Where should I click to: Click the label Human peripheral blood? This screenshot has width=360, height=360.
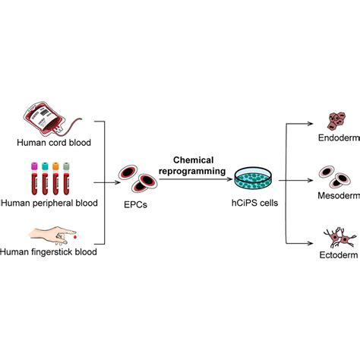(x=50, y=203)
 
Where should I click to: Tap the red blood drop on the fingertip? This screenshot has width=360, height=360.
(x=74, y=233)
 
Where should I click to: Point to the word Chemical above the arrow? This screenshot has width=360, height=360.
(x=195, y=161)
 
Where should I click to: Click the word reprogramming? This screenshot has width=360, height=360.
(x=195, y=172)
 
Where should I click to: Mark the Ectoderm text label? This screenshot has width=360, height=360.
(x=338, y=255)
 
